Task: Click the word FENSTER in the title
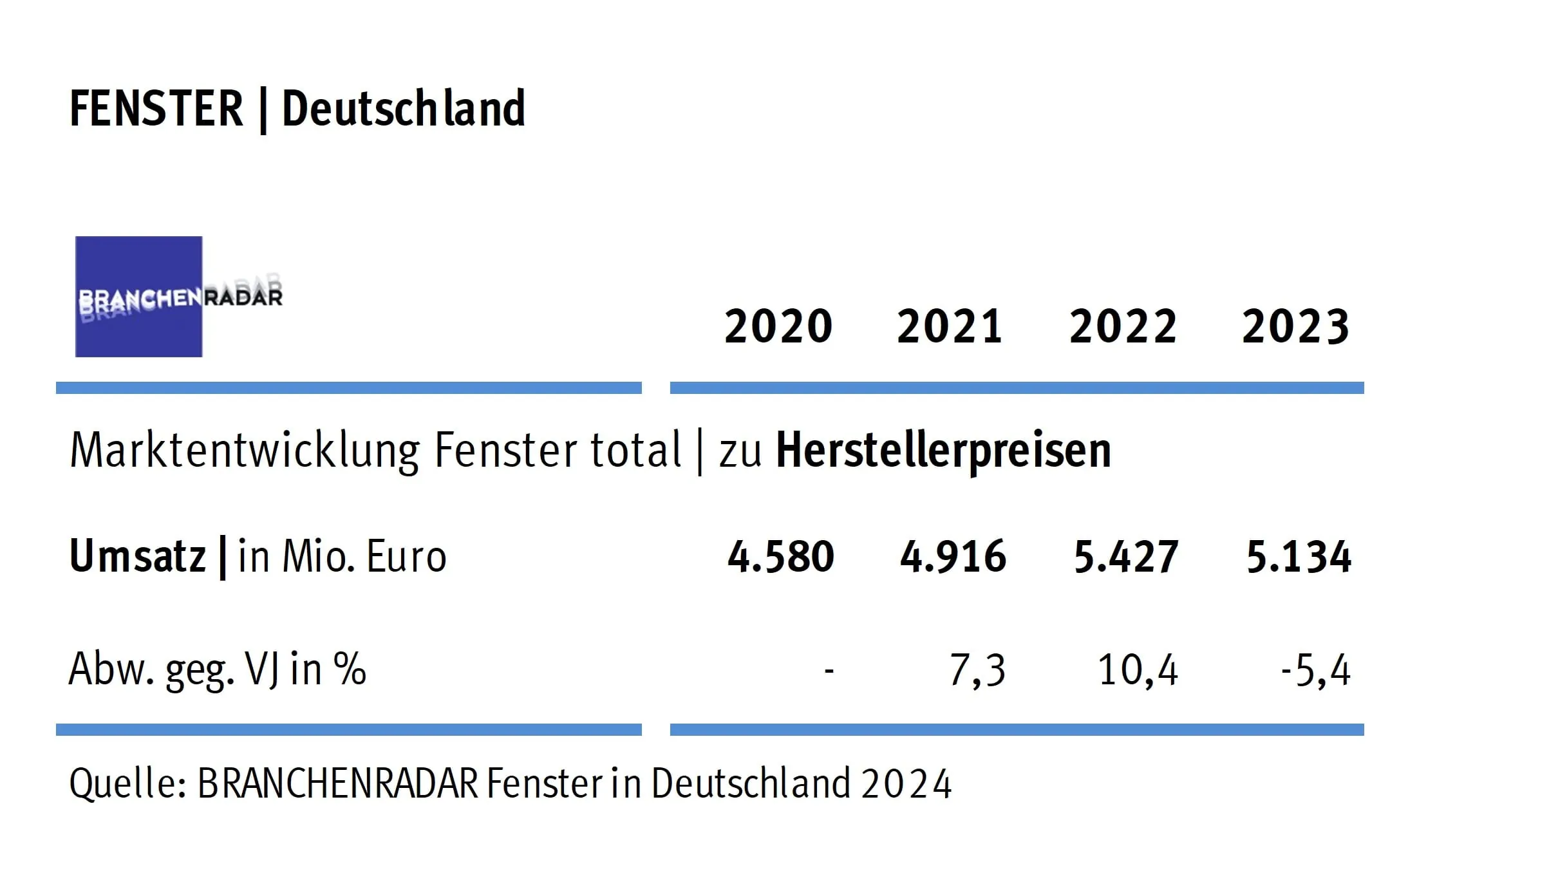156,109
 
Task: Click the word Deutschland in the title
404,109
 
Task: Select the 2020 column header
778,326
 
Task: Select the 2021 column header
950,326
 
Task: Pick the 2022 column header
1123,326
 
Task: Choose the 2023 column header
1295,326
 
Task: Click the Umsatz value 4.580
780,557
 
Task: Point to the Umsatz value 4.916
953,557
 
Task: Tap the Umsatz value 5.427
1126,557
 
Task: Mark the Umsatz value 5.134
1299,557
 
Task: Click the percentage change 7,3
977,670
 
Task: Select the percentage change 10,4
1138,670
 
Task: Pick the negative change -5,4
1315,670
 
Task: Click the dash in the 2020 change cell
829,671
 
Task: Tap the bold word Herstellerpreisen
943,450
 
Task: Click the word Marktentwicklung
244,450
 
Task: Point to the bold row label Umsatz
137,556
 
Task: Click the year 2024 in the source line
906,784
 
